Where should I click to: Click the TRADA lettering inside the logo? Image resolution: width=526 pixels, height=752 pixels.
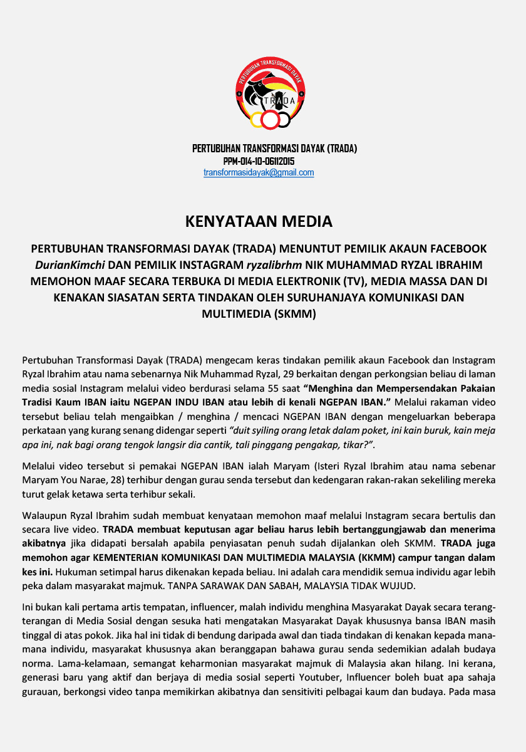click(x=280, y=100)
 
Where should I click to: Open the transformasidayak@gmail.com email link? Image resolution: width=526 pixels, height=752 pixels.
click(x=259, y=173)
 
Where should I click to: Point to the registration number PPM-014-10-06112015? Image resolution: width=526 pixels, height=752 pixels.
click(x=259, y=161)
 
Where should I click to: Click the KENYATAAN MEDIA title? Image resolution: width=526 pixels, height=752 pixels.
click(x=259, y=221)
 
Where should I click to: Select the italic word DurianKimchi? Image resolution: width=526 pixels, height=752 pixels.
click(x=71, y=264)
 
